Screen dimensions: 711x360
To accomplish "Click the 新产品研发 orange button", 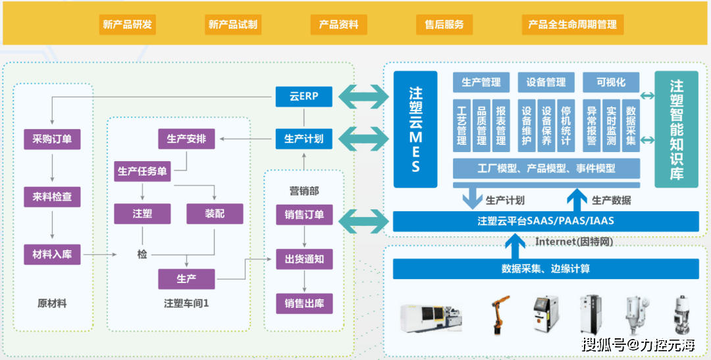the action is tap(128, 24).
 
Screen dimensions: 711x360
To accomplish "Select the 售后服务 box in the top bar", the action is tap(444, 24).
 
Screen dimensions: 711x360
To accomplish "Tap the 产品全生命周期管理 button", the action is tap(573, 24).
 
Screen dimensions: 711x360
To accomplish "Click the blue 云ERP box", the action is tap(303, 97).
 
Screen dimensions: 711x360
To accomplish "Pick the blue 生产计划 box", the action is tap(303, 139).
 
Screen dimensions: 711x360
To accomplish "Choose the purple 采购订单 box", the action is tap(52, 139).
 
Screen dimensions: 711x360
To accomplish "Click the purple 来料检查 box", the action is tap(52, 197).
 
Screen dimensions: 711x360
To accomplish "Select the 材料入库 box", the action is tap(52, 254).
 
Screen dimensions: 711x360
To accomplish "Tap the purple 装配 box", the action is tap(215, 213).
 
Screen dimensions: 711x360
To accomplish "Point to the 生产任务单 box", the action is tap(142, 171).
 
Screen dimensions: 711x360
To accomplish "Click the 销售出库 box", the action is tap(304, 304).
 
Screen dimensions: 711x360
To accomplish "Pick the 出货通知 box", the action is tap(304, 259).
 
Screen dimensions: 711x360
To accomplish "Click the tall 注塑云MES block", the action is tap(415, 129).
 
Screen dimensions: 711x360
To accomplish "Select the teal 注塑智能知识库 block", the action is tap(677, 129).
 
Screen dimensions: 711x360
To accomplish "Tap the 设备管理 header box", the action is tap(546, 82).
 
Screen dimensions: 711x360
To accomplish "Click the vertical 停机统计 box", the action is tap(566, 126).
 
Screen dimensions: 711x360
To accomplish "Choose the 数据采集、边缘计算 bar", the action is tap(546, 269).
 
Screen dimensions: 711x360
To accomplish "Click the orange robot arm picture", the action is tap(500, 315).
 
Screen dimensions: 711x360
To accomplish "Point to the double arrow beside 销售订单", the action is tap(364, 222).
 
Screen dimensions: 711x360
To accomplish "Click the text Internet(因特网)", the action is tap(574, 242).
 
